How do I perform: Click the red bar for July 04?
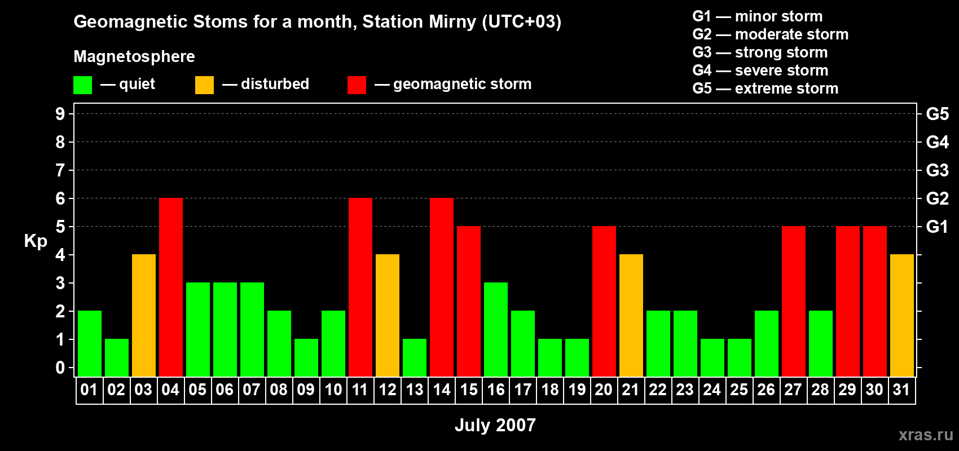170,287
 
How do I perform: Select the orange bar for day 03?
143,315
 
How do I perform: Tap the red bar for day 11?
360,287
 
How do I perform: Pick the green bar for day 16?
495,329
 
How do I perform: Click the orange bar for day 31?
901,315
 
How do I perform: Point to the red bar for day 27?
793,301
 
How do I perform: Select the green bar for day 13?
414,357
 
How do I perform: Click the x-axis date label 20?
604,390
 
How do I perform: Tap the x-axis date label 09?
306,390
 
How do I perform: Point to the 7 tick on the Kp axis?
60,170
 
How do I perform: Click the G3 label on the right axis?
937,170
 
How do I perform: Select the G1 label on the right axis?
937,227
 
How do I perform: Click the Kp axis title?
36,241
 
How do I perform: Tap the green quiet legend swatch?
83,85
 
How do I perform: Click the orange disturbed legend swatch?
204,85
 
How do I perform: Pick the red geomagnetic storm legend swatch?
357,85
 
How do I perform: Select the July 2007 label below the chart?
495,425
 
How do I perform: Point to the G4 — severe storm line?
760,70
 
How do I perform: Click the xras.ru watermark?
925,434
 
